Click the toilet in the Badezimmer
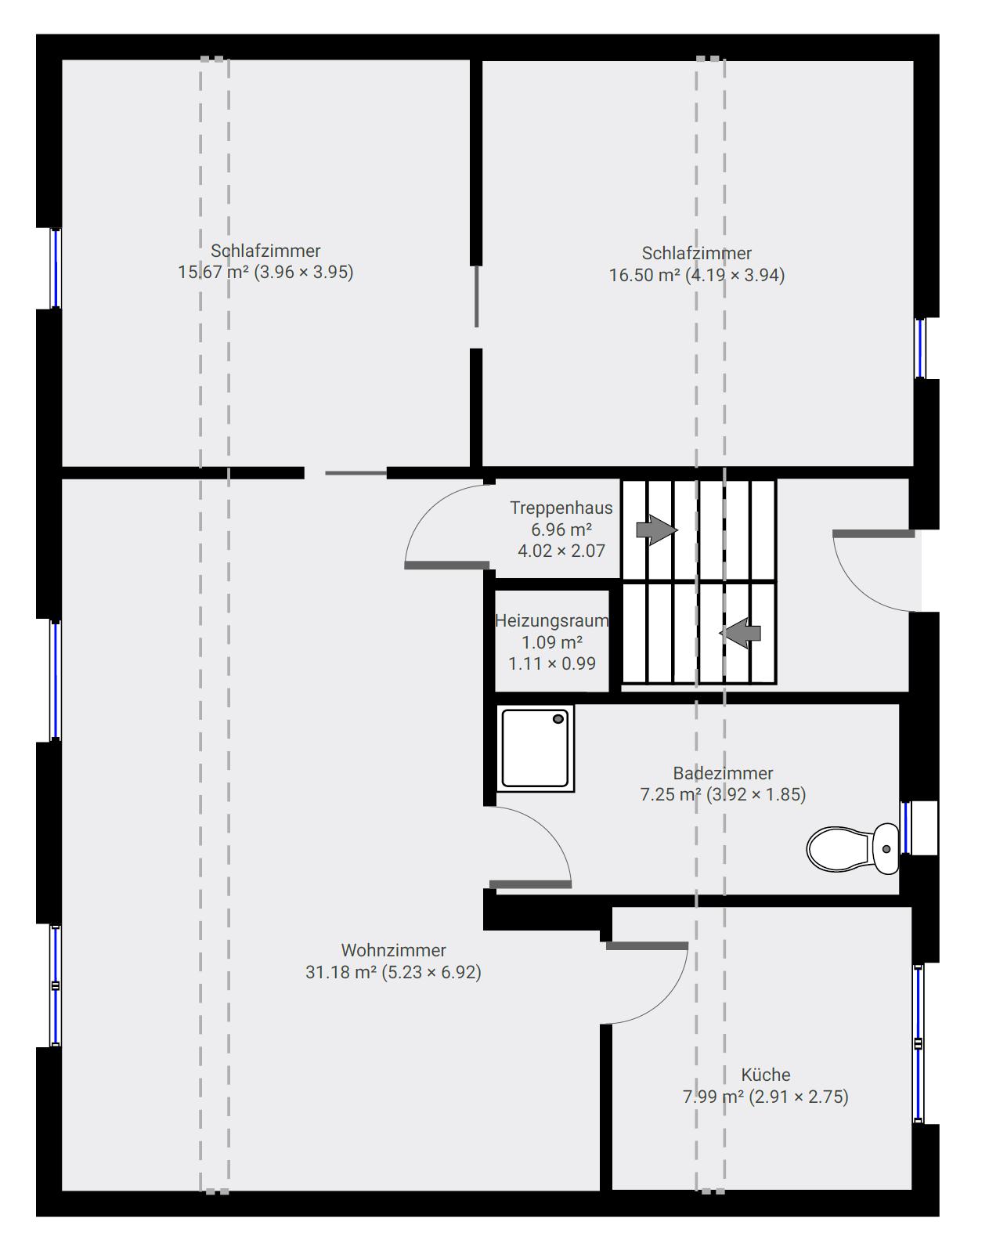click(x=852, y=848)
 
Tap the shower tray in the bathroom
click(x=535, y=748)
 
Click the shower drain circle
click(x=558, y=719)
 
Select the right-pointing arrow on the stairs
click(x=656, y=529)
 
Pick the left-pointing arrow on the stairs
click(x=740, y=633)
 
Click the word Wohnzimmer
click(x=393, y=950)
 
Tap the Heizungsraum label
click(x=552, y=620)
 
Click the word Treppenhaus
click(x=561, y=508)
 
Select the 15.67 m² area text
click(x=213, y=272)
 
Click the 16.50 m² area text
click(x=644, y=275)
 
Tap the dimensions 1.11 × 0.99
click(x=552, y=663)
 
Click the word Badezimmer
click(x=723, y=773)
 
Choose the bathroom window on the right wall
click(x=905, y=828)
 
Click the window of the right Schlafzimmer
click(x=920, y=348)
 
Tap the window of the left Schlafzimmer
click(x=56, y=269)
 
